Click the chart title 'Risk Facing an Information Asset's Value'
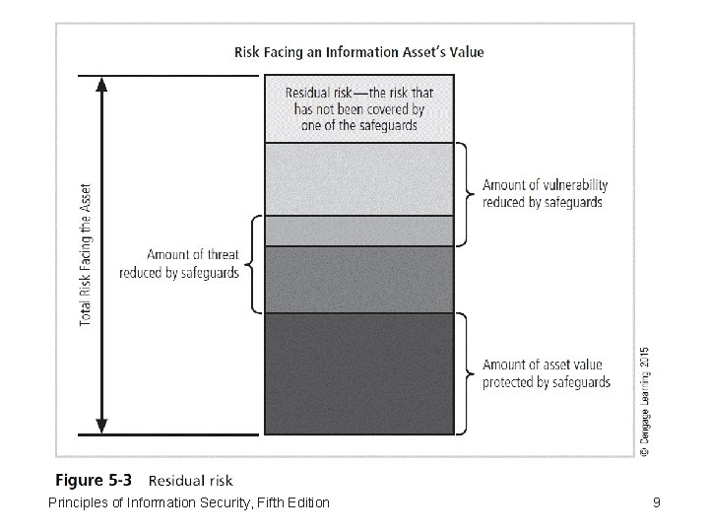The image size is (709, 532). click(x=358, y=51)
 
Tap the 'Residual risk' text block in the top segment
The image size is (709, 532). click(x=358, y=109)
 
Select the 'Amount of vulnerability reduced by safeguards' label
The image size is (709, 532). click(x=545, y=193)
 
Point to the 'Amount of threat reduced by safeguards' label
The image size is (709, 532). click(x=179, y=264)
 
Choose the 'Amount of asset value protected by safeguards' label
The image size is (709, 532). click(x=546, y=373)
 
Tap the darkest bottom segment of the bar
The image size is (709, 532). click(x=358, y=372)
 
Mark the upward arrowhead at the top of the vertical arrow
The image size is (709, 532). click(x=102, y=85)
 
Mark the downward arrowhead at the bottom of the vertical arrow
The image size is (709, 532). click(x=102, y=426)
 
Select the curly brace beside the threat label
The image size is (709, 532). click(x=250, y=263)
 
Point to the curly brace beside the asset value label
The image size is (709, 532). click(x=464, y=373)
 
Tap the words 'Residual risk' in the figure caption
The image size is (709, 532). click(x=191, y=482)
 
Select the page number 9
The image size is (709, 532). click(x=656, y=503)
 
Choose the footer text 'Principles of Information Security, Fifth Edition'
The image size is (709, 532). click(x=188, y=503)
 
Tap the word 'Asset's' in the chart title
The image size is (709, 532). click(x=428, y=51)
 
